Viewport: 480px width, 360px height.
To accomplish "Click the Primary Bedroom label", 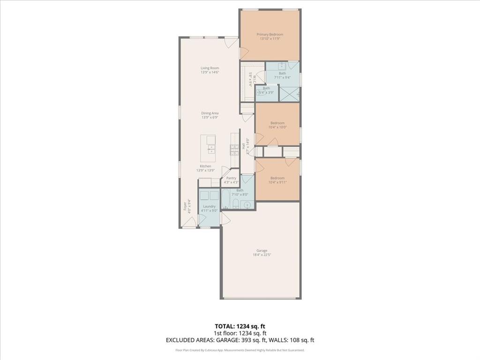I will tap(270, 34).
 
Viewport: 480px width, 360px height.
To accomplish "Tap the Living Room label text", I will tap(210, 68).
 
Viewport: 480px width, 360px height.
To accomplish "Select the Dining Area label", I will tap(210, 113).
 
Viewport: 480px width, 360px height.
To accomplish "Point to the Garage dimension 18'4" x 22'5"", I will tap(262, 255).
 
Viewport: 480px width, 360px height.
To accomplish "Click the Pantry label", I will tap(231, 178).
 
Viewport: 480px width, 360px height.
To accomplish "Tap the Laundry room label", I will tap(209, 206).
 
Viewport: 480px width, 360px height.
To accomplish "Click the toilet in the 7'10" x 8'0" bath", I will tap(236, 204).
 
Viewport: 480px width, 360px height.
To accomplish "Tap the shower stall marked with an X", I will tap(289, 93).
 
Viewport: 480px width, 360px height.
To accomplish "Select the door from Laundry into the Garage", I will tap(225, 217).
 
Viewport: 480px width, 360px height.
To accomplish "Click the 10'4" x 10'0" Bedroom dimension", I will tap(277, 127).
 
